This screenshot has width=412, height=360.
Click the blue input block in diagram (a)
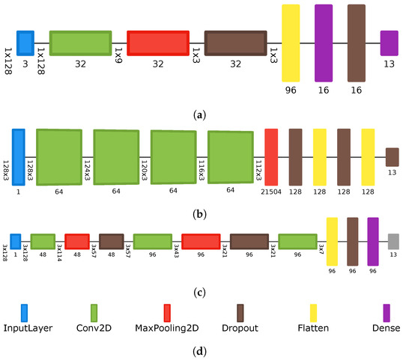pyautogui.click(x=25, y=43)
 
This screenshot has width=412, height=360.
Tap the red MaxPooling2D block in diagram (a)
pyautogui.click(x=157, y=43)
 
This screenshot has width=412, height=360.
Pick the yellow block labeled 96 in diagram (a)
pyautogui.click(x=291, y=43)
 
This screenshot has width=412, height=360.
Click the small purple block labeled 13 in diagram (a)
pyautogui.click(x=389, y=43)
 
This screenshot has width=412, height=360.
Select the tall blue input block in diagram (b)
pyautogui.click(x=19, y=156)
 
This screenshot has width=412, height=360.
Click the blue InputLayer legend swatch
pyautogui.click(x=24, y=311)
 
